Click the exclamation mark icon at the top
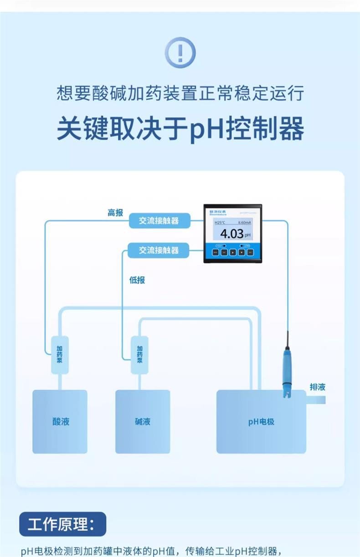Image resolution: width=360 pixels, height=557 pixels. point(180,53)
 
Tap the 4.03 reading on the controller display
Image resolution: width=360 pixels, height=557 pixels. point(232,235)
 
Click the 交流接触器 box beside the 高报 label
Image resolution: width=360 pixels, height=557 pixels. point(159,221)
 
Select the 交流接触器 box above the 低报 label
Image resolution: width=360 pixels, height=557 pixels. point(159,250)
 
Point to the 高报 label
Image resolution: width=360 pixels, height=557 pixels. point(115,213)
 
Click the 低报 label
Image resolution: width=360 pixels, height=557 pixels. point(137,280)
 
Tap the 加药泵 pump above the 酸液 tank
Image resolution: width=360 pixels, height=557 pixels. point(60,354)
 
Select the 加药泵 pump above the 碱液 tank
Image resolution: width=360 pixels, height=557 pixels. point(140,354)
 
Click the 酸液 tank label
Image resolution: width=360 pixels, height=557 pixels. point(60,421)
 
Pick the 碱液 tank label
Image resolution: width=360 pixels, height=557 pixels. point(143,421)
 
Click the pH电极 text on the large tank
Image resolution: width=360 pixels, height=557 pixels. point(261,422)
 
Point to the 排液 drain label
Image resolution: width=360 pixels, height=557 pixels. point(318,387)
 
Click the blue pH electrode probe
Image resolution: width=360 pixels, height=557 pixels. point(287,369)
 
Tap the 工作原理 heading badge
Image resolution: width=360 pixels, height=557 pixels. point(62,524)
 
